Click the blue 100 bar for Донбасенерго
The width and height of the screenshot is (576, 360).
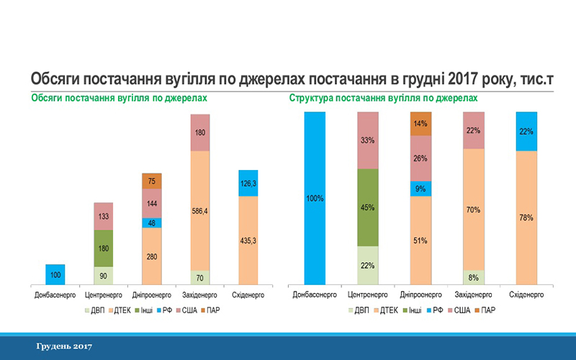55,274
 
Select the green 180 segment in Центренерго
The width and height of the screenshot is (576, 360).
104,248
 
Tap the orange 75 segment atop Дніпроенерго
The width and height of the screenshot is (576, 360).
152,181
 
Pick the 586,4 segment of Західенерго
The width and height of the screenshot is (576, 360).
200,210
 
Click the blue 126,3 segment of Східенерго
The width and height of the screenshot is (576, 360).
248,183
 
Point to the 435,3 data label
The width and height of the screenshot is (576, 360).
248,240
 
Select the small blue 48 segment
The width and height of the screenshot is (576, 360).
152,222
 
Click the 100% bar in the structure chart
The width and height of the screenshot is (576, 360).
315,197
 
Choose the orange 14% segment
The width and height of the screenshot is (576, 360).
420,123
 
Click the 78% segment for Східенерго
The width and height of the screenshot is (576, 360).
527,217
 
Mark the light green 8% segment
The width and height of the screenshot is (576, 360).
474,277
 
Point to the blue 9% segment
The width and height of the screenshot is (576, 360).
420,189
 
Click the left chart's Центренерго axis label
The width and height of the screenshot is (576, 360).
104,295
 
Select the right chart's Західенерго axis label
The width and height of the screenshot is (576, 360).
474,295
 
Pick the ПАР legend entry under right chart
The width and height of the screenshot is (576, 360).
487,310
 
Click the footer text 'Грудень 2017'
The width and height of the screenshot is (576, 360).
65,347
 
